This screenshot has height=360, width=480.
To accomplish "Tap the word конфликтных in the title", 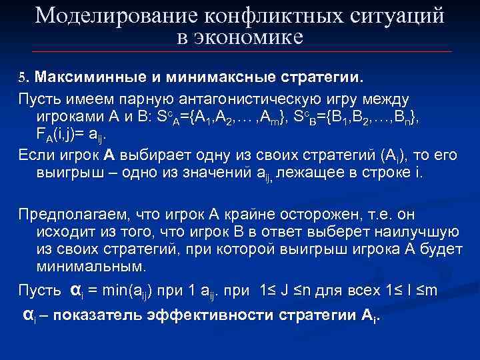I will point(263,15).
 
